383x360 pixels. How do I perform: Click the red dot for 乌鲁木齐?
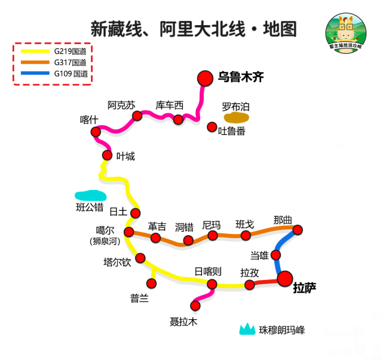(x=205, y=78)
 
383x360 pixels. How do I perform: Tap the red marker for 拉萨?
(x=285, y=279)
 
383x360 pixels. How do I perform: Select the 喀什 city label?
(x=89, y=119)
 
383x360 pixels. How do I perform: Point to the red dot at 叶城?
(x=108, y=155)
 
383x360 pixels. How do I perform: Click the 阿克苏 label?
(x=121, y=104)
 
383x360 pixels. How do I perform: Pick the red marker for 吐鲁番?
(x=212, y=127)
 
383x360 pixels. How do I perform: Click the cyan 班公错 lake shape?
(x=90, y=195)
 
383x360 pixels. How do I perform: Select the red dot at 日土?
(x=136, y=213)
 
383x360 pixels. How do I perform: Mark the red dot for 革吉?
(x=156, y=238)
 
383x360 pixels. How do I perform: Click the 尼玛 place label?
(x=212, y=225)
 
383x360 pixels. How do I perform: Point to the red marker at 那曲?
(x=298, y=230)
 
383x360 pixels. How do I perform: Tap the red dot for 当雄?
(x=276, y=255)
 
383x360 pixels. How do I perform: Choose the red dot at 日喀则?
(x=212, y=284)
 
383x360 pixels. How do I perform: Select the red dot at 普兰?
(x=151, y=283)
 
